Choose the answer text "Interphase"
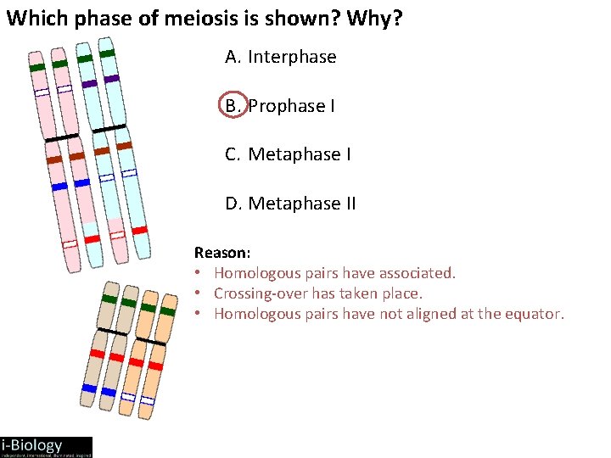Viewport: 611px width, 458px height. pos(292,58)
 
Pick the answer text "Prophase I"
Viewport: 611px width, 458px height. pos(291,106)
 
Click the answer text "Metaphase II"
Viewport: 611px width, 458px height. pos(302,204)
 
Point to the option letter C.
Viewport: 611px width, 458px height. pos(233,154)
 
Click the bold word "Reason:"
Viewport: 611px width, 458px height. pos(222,253)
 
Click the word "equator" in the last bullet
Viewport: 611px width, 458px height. pos(534,314)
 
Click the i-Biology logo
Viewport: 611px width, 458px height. pos(46,447)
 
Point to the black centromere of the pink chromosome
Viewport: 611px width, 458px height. pos(62,137)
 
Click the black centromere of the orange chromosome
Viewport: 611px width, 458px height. pos(149,340)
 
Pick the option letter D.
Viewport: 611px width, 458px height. pos(233,204)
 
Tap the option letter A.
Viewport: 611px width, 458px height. pos(233,58)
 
